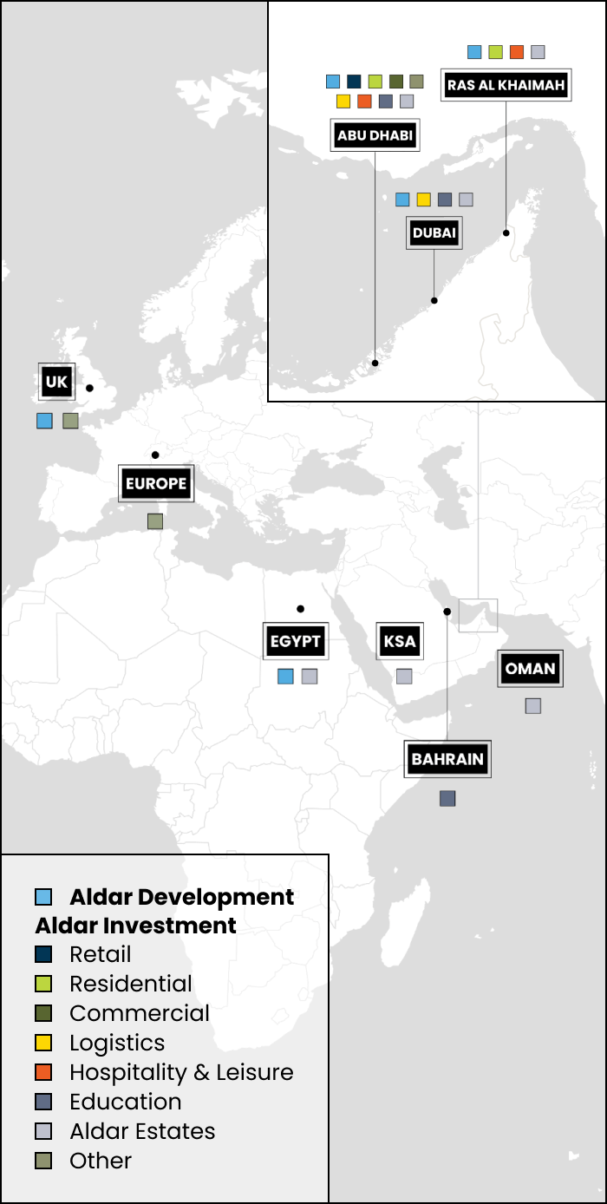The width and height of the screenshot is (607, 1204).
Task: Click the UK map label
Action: click(x=56, y=382)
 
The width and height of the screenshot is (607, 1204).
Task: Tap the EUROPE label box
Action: click(x=156, y=483)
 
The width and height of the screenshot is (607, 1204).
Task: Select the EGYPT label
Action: click(x=296, y=641)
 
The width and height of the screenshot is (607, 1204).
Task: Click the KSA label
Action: click(x=400, y=642)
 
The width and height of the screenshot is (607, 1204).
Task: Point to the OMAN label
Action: click(x=530, y=669)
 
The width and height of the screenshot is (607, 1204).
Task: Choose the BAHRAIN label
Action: click(x=447, y=759)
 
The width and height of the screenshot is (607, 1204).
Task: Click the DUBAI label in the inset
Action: click(x=434, y=232)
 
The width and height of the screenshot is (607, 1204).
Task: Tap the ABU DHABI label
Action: click(x=375, y=135)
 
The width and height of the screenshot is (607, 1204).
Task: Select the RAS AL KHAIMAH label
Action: click(x=506, y=85)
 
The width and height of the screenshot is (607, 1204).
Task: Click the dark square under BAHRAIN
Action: click(x=447, y=798)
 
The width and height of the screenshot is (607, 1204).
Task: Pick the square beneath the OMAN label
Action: click(x=533, y=706)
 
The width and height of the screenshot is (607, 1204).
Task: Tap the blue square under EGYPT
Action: click(x=285, y=677)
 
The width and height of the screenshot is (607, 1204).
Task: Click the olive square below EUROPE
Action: click(x=155, y=521)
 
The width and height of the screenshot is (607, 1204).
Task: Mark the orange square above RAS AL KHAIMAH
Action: click(x=517, y=52)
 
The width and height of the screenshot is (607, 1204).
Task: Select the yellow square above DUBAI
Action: click(x=424, y=200)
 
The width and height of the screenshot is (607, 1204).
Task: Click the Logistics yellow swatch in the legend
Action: click(x=44, y=1043)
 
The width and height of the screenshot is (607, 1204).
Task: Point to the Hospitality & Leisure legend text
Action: click(x=181, y=1072)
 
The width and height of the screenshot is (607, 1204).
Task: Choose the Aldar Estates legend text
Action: click(x=142, y=1131)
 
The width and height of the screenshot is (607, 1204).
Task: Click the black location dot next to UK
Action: click(x=89, y=388)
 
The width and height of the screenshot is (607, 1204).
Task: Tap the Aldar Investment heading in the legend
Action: click(x=136, y=926)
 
